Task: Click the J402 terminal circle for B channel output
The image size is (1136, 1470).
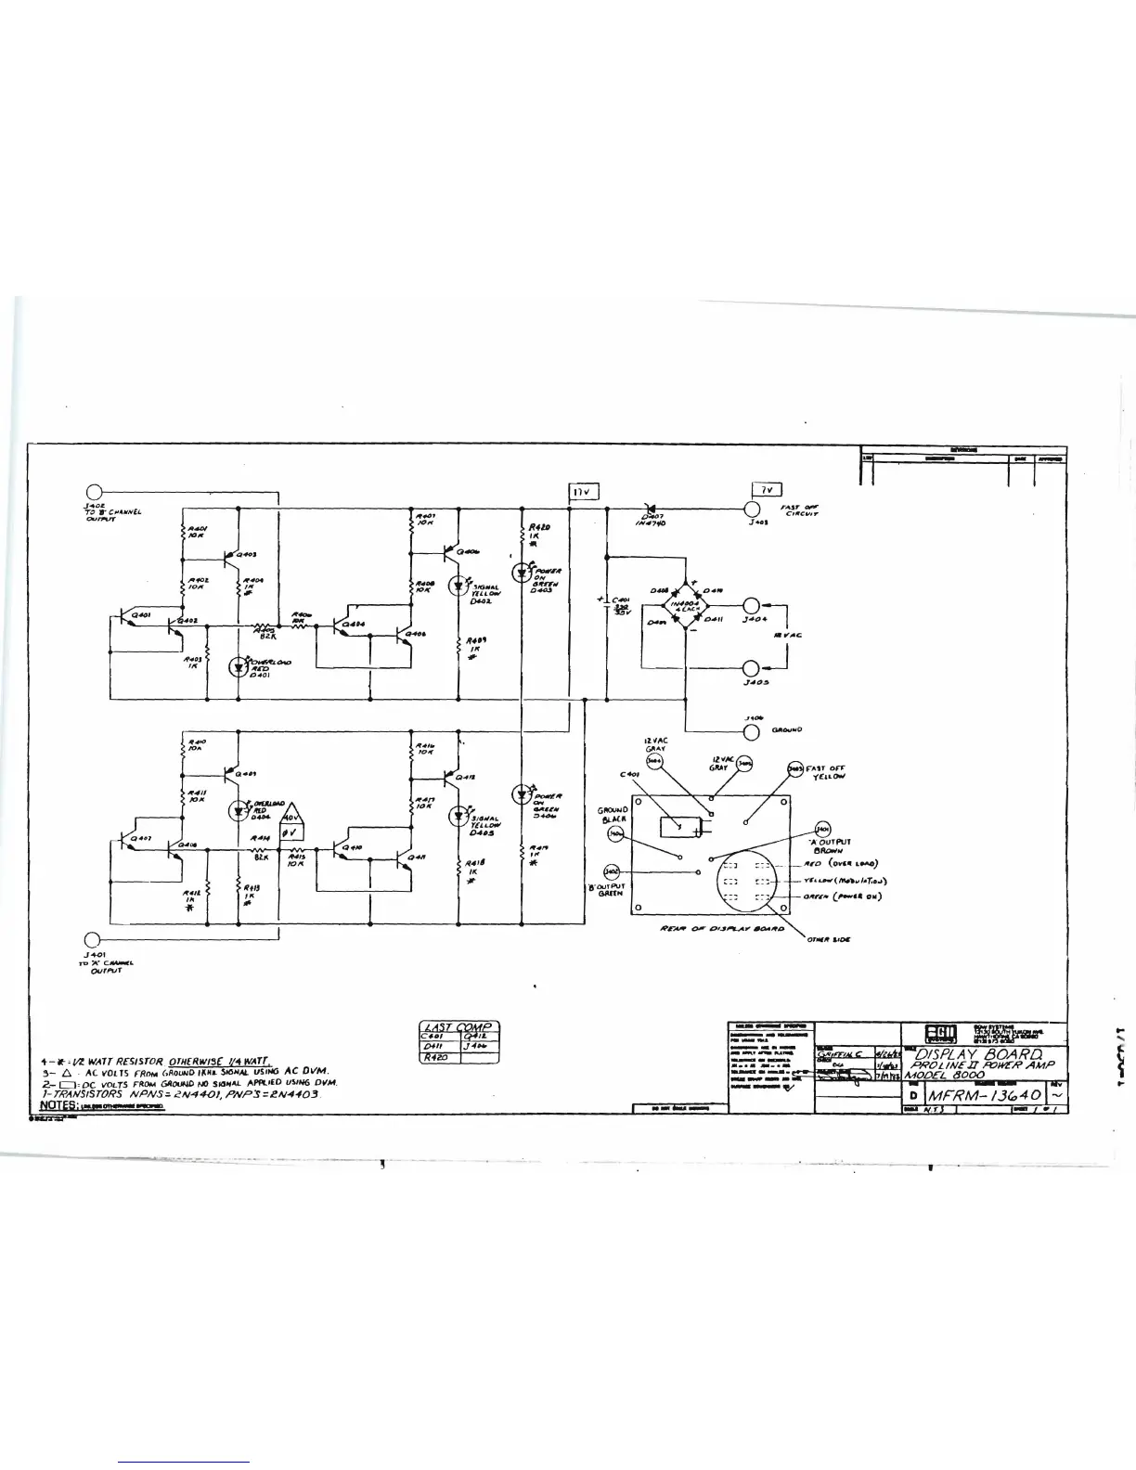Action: pos(94,494)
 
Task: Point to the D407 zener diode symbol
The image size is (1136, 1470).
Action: pos(650,508)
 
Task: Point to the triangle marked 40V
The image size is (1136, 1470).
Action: pos(291,817)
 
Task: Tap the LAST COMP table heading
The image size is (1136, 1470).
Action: pos(460,1027)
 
